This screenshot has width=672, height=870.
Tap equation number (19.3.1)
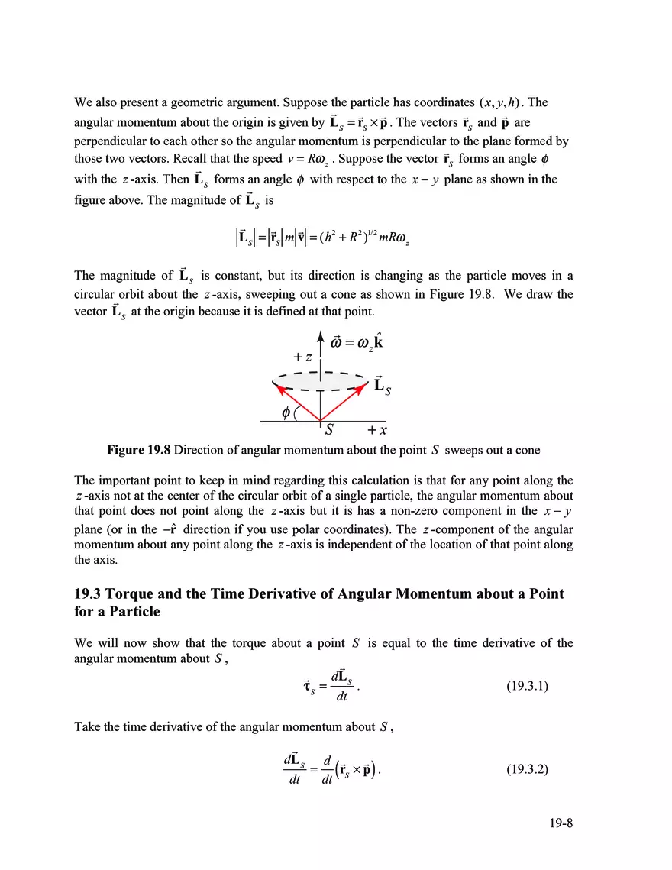(x=528, y=686)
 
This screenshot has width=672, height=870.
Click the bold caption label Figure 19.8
(x=139, y=450)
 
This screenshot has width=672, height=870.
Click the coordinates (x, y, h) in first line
(x=501, y=102)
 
